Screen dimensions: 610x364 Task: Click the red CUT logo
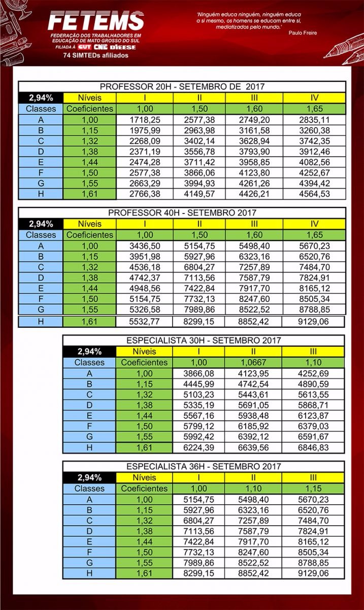pos(85,47)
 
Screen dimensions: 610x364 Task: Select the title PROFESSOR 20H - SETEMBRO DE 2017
pos(182,86)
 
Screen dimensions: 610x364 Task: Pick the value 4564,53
pos(314,194)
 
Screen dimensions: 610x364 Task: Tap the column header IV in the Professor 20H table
pos(314,98)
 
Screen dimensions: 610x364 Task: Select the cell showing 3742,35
pos(314,141)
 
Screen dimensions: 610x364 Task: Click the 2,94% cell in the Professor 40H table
pos(41,224)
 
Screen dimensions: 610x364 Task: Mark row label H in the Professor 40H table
pos(41,321)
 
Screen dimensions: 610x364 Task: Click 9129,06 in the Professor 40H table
pos(314,321)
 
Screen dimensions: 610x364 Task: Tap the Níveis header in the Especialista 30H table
pos(144,351)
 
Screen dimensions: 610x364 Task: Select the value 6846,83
pos(313,448)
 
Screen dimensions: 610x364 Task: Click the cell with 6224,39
pos(201,448)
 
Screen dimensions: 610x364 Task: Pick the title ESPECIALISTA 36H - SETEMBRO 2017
pos(203,466)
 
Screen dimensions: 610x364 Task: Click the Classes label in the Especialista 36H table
pos(89,489)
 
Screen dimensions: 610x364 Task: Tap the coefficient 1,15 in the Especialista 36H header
pos(313,489)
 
